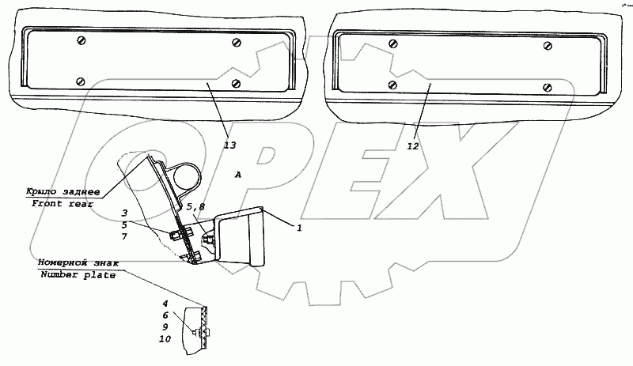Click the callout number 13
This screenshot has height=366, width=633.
229,145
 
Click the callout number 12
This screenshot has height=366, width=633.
413,146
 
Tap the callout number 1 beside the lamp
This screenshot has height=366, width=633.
299,228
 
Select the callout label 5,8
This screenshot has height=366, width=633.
195,207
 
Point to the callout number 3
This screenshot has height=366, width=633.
124,213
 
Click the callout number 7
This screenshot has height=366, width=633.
124,236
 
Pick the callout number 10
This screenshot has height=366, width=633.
165,339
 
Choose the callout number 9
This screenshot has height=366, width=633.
165,327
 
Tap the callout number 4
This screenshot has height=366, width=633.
165,304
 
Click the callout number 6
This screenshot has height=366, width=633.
165,315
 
